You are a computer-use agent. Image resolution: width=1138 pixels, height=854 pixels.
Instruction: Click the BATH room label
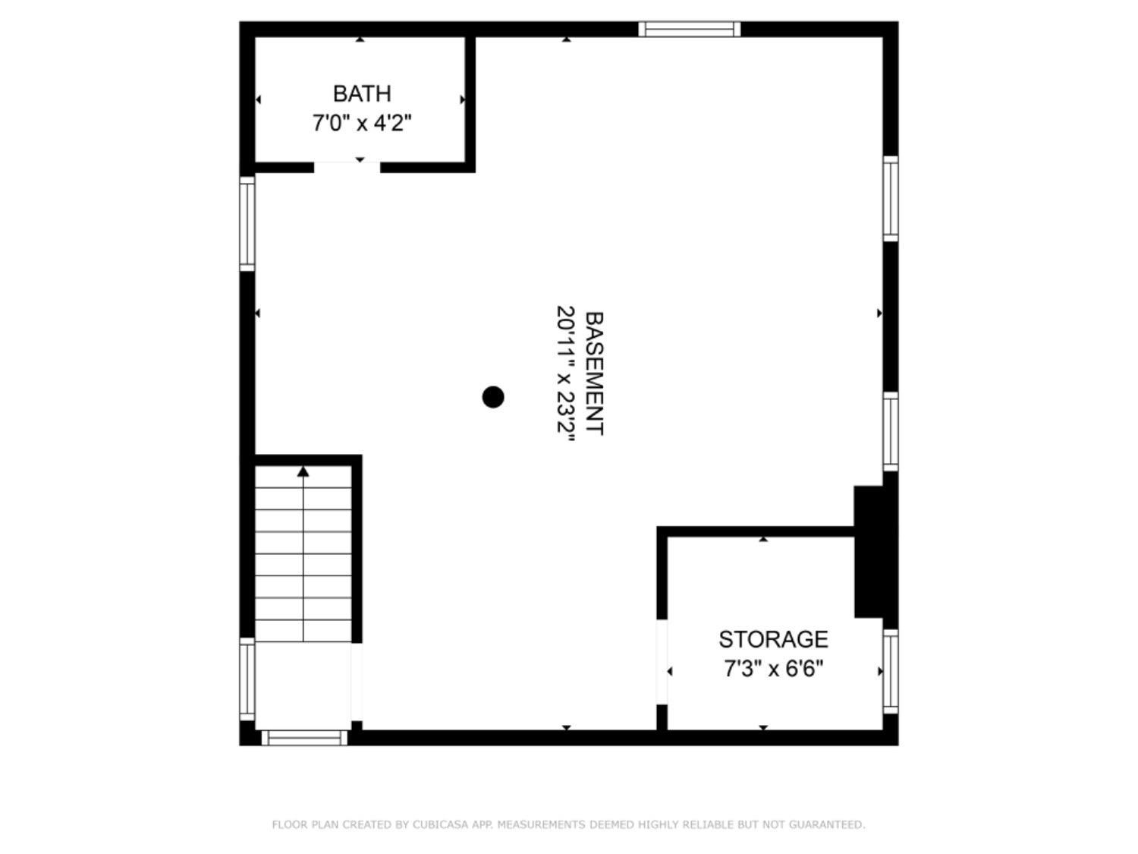pos(361,94)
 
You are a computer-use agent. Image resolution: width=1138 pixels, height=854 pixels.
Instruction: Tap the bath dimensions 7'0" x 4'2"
pos(361,124)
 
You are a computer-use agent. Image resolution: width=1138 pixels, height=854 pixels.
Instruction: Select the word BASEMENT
pos(594,373)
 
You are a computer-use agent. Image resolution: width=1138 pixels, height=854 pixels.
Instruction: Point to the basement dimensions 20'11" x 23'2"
pos(565,373)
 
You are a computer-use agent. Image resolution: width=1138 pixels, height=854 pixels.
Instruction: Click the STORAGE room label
pos(773,639)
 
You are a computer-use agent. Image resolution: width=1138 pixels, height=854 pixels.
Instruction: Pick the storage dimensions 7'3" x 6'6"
pos(773,669)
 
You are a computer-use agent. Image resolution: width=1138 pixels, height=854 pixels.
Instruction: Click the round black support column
pos(492,397)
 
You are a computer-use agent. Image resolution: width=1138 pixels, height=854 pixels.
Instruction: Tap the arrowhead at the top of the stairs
pos(303,471)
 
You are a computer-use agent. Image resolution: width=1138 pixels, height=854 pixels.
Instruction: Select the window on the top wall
pos(689,29)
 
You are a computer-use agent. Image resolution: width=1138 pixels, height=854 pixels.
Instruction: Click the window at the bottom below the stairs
pos(304,737)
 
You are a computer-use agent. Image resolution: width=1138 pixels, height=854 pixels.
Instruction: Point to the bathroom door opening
pos(347,166)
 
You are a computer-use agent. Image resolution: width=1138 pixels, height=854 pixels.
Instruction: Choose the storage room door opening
pos(662,662)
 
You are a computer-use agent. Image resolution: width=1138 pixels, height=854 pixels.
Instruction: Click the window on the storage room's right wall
pos(890,672)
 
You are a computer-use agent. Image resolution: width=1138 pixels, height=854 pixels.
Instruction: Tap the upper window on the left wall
pos(247,223)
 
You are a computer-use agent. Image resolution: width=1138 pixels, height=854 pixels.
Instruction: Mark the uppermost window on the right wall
pos(890,199)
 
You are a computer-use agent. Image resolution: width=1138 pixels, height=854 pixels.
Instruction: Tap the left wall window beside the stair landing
pos(247,679)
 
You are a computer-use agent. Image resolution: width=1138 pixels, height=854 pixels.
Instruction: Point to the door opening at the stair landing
pos(357,682)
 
